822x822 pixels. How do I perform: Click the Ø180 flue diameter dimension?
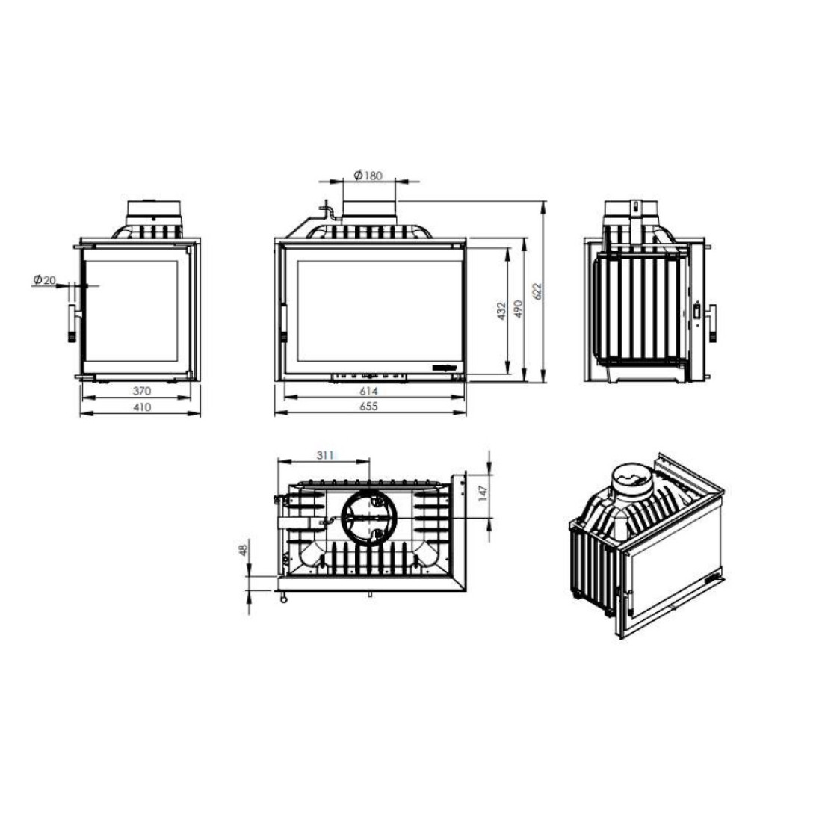click(368, 175)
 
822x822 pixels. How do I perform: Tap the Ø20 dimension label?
click(44, 280)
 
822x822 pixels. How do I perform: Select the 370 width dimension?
click(141, 391)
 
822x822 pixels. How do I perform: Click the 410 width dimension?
click(141, 407)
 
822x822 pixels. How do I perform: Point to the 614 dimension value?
click(368, 391)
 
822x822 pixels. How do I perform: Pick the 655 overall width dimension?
click(368, 407)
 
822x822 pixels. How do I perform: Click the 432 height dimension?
click(501, 311)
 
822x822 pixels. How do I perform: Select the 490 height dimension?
click(518, 309)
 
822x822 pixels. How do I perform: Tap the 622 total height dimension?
click(536, 291)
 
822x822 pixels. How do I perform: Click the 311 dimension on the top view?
click(325, 455)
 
